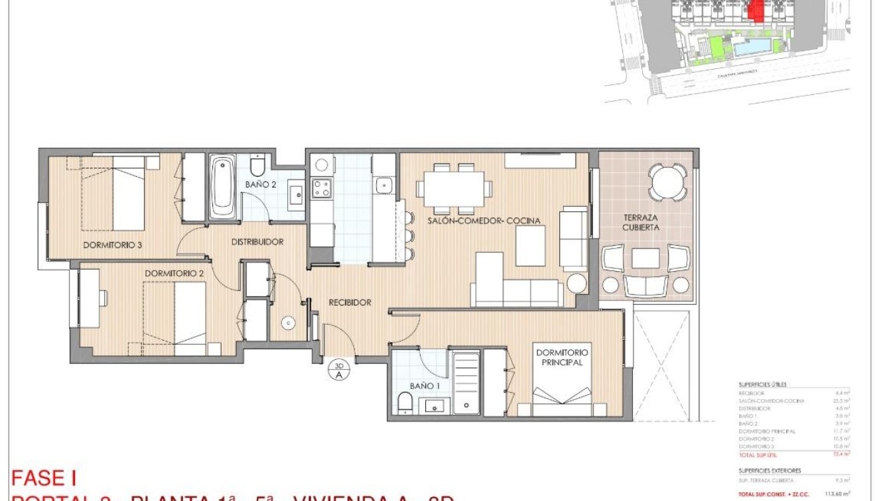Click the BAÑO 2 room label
click(x=260, y=185)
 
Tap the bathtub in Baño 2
click(x=222, y=187)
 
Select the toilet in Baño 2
click(x=258, y=165)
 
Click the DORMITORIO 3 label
click(x=112, y=245)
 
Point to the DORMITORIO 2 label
click(x=174, y=273)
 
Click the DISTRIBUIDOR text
click(x=257, y=242)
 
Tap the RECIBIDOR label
click(x=350, y=302)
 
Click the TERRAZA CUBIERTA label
click(x=641, y=222)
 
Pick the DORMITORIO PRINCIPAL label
click(x=561, y=358)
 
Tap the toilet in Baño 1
click(x=405, y=402)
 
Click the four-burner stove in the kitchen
click(x=322, y=188)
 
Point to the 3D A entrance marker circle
click(x=339, y=370)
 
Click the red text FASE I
click(x=44, y=478)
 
